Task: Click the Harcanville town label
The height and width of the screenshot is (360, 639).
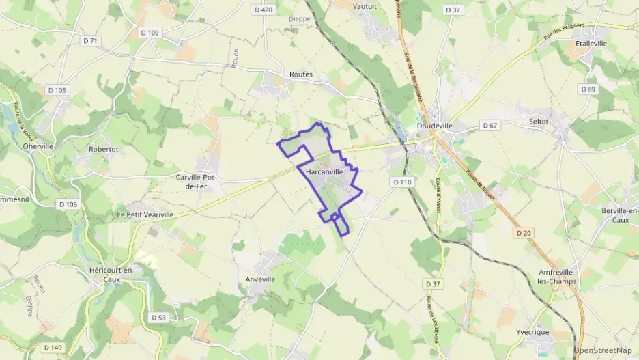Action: click(x=324, y=172)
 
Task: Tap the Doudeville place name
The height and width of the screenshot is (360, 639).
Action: click(x=435, y=126)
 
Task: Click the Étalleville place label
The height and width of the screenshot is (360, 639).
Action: click(x=591, y=43)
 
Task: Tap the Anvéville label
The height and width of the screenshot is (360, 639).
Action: click(x=260, y=279)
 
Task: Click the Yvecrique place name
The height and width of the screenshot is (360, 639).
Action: click(x=533, y=331)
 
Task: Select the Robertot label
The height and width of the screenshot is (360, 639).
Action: click(x=104, y=148)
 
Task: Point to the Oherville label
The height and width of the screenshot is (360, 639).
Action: click(x=38, y=146)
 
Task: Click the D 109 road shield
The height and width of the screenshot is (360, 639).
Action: click(x=149, y=32)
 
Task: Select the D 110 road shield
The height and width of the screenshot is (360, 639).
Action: click(x=403, y=182)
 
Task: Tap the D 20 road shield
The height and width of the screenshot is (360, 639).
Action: click(x=523, y=233)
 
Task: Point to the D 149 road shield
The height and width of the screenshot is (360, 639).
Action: click(x=52, y=348)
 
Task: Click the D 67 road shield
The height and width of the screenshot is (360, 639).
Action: click(x=489, y=125)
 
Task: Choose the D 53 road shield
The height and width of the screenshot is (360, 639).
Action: click(x=158, y=318)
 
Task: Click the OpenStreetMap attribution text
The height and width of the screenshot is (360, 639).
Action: click(x=602, y=350)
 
